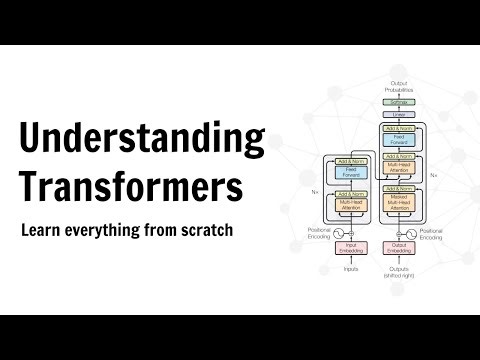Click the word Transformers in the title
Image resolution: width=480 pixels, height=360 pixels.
coord(131,186)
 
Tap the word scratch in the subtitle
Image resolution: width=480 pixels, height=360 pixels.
coord(204,230)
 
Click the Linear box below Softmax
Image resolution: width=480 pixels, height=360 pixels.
coord(398,117)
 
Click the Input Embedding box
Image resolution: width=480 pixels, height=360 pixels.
coord(350,248)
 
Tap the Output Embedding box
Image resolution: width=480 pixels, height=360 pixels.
coord(398,248)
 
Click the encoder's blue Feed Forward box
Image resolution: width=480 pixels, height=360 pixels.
coord(350,172)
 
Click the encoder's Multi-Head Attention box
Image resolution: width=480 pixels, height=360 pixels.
coord(350,205)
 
